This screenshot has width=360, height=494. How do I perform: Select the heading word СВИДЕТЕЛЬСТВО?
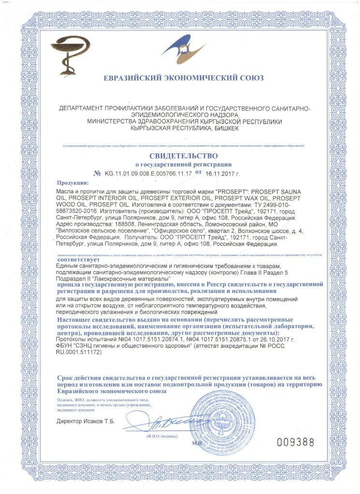point(180,156)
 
